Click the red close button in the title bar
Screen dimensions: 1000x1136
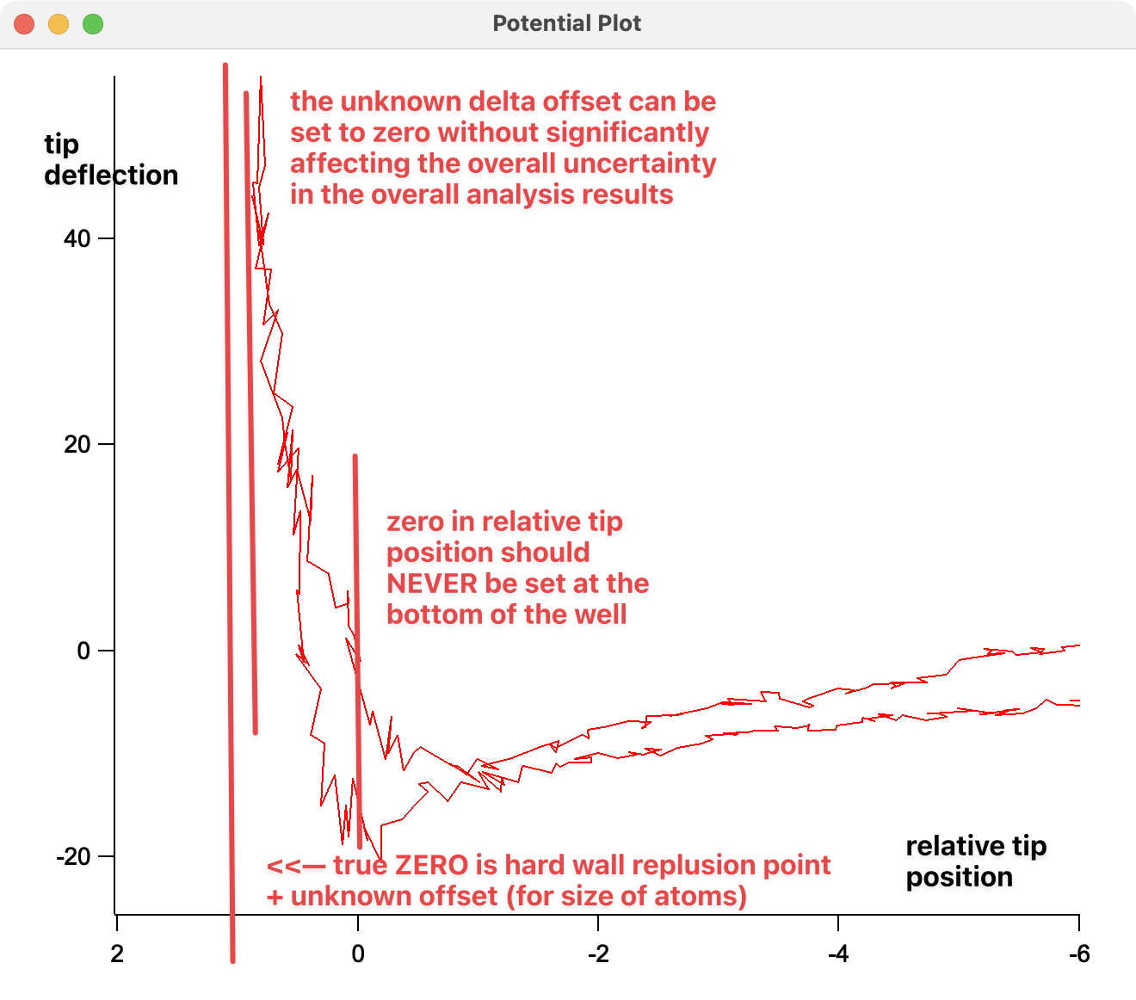pyautogui.click(x=24, y=24)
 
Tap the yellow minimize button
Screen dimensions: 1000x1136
pyautogui.click(x=59, y=24)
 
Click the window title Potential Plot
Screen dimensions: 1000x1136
pyautogui.click(x=566, y=24)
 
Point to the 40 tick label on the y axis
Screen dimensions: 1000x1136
pyautogui.click(x=77, y=238)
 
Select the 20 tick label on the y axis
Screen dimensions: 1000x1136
pyautogui.click(x=77, y=444)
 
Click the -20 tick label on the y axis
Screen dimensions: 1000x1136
pyautogui.click(x=73, y=856)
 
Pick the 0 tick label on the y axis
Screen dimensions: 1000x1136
pyautogui.click(x=83, y=651)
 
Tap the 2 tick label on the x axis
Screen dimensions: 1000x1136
pyautogui.click(x=117, y=954)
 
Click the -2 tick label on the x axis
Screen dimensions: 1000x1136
pyautogui.click(x=598, y=954)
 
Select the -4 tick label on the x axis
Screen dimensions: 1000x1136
pyautogui.click(x=838, y=954)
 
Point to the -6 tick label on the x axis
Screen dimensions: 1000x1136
pyautogui.click(x=1079, y=954)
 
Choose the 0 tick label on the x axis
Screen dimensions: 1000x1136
pyautogui.click(x=358, y=954)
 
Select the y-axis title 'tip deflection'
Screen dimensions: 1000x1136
pyautogui.click(x=110, y=160)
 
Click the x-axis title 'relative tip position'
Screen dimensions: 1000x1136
pyautogui.click(x=976, y=861)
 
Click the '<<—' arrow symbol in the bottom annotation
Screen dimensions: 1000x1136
pyautogui.click(x=296, y=866)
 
